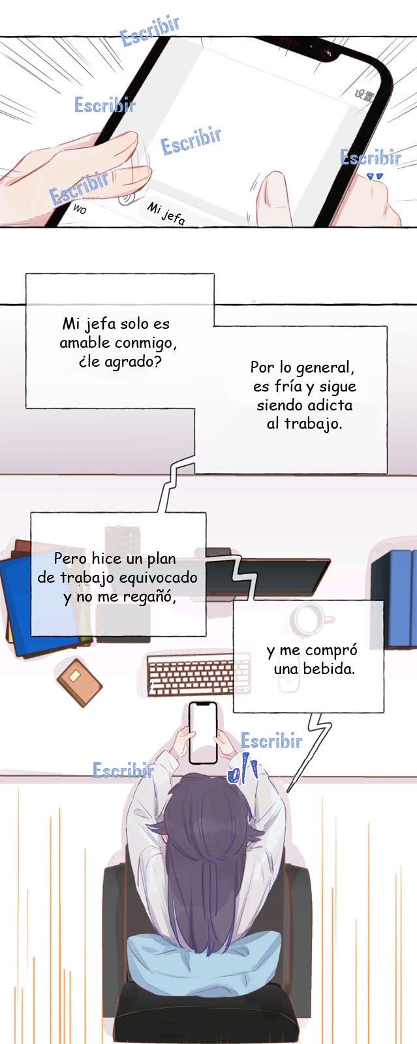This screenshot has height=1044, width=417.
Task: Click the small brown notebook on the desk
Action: [79, 682]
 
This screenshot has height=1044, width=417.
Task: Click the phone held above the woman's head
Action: [203, 733]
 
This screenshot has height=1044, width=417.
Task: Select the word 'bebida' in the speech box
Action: [329, 669]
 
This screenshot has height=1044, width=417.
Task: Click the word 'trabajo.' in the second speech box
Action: [313, 423]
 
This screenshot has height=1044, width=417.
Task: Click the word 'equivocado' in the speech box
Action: [159, 578]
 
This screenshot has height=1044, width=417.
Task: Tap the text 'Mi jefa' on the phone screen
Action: [166, 213]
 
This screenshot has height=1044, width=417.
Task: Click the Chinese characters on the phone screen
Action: [364, 95]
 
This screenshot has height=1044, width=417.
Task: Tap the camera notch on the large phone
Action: [322, 49]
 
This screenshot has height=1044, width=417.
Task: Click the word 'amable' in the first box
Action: [85, 343]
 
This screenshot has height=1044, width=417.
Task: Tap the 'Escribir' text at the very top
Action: [149, 31]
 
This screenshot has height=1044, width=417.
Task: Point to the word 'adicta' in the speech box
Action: [330, 405]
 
